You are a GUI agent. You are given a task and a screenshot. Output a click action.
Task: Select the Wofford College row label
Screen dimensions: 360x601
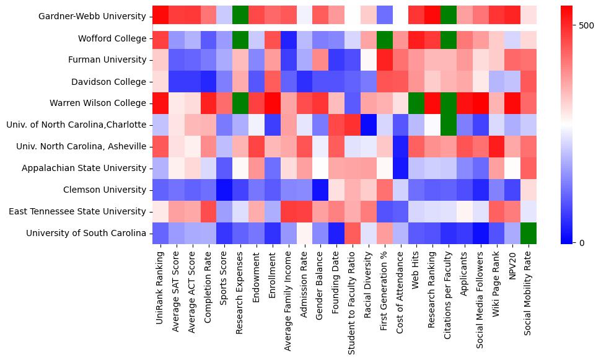coord(113,38)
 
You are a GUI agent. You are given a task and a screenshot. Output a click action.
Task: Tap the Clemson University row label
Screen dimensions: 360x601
coord(108,190)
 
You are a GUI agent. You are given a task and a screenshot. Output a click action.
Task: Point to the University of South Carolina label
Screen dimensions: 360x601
coord(86,233)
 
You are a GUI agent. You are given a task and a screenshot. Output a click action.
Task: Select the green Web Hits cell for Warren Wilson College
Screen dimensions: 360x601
coord(416,103)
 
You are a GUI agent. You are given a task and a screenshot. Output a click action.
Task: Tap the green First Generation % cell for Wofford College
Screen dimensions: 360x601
coord(385,38)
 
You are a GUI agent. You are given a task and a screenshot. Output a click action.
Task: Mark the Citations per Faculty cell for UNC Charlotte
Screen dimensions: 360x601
coord(449,125)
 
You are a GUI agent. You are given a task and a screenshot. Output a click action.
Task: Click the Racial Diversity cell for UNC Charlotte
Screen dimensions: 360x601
coord(369,125)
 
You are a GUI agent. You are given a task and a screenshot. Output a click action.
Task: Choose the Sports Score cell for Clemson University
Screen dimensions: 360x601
coord(224,190)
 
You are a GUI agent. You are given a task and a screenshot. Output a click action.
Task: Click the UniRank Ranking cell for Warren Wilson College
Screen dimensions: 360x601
coord(160,103)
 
